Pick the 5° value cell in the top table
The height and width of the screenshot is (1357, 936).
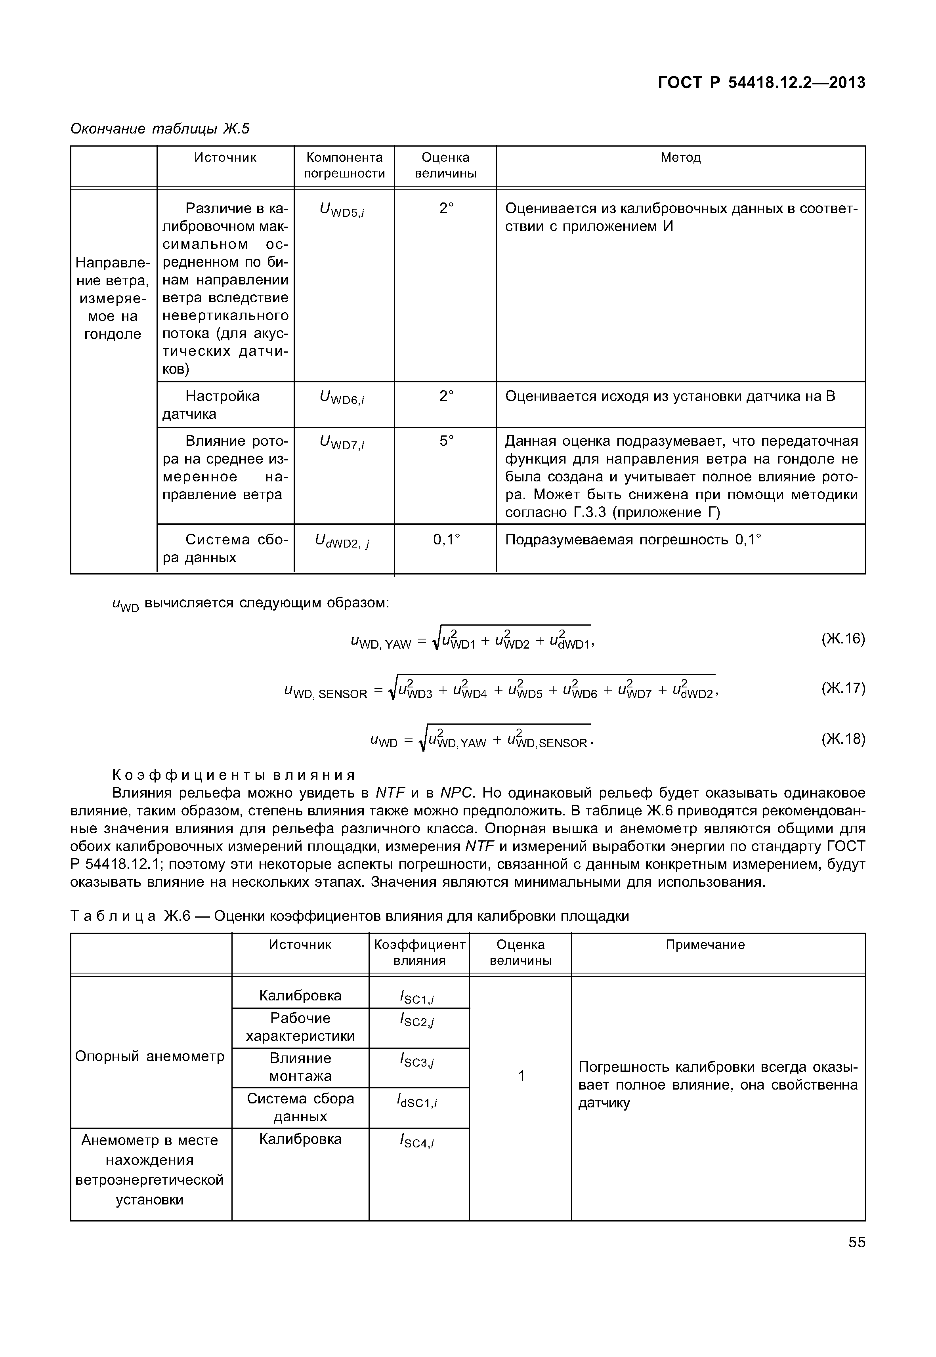point(446,441)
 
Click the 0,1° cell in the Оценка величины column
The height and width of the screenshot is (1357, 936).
point(446,540)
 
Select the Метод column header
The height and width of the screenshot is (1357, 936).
point(680,158)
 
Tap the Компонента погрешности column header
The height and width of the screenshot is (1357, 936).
point(344,165)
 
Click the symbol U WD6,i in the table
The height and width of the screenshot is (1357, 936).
point(342,398)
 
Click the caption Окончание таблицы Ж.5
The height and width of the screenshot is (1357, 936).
point(160,128)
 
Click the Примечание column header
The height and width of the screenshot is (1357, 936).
point(705,945)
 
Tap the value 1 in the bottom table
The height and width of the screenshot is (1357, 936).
point(521,1076)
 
